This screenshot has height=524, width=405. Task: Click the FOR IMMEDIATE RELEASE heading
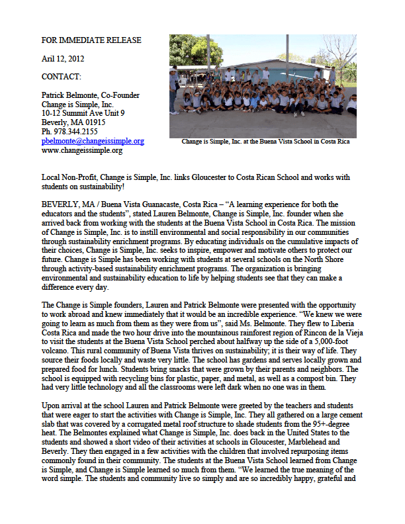pos(91,40)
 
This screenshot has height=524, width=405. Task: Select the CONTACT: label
pos(61,77)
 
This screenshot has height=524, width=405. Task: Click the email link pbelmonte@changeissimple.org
pos(93,141)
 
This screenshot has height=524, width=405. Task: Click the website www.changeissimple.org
pos(81,150)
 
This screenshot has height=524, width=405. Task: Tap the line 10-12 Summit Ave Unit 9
pos(83,113)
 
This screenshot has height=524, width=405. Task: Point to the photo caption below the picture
pos(265,142)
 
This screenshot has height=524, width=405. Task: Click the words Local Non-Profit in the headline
pos(69,178)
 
